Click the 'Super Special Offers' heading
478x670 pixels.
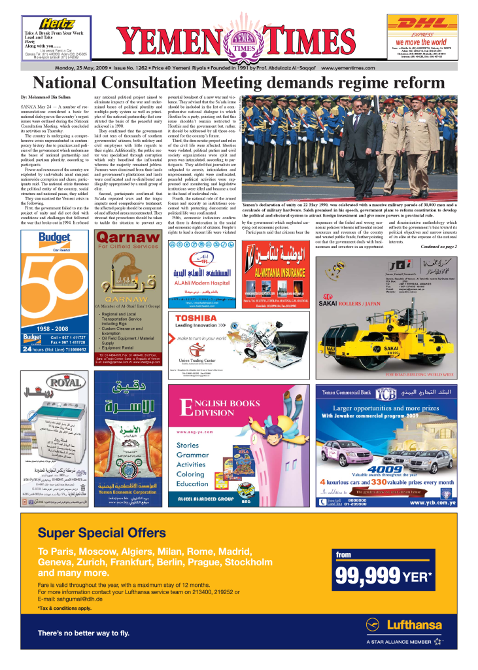pyautogui.click(x=101, y=533)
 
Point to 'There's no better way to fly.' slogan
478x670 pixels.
pyautogui.click(x=83, y=633)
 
